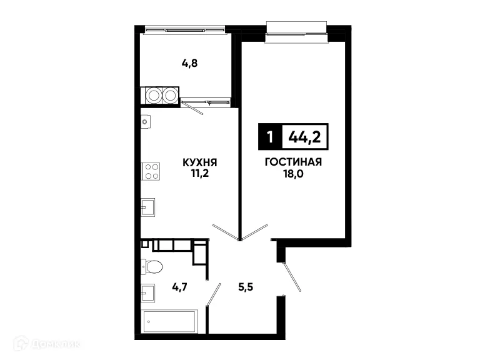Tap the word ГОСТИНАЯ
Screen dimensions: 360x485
pyautogui.click(x=292, y=162)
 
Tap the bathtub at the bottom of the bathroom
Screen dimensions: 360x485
pyautogui.click(x=168, y=322)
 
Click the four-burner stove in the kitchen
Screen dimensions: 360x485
pyautogui.click(x=151, y=171)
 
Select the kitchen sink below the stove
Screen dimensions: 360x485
pyautogui.click(x=148, y=207)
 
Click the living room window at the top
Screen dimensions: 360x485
pyautogui.click(x=296, y=29)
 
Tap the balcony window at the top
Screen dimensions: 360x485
pyautogui.click(x=184, y=28)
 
